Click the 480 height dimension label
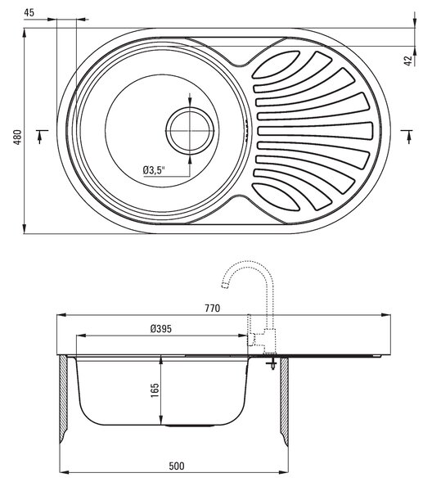coord(18,137)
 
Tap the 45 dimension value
coord(29,13)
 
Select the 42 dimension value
coord(408,61)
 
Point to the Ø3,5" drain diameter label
coord(154,170)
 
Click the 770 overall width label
coord(213,309)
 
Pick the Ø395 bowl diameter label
coord(161,329)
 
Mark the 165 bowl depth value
coord(155,390)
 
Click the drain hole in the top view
coord(190,131)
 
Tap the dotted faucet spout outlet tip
coord(224,285)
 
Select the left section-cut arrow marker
coord(40,137)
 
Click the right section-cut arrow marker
coord(408,137)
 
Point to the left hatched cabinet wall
coord(63,399)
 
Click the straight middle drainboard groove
coord(315,131)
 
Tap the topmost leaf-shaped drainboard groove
coord(277,64)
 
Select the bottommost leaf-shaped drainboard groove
coord(277,197)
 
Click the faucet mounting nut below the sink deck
coord(271,363)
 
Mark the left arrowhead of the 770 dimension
coord(61,315)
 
